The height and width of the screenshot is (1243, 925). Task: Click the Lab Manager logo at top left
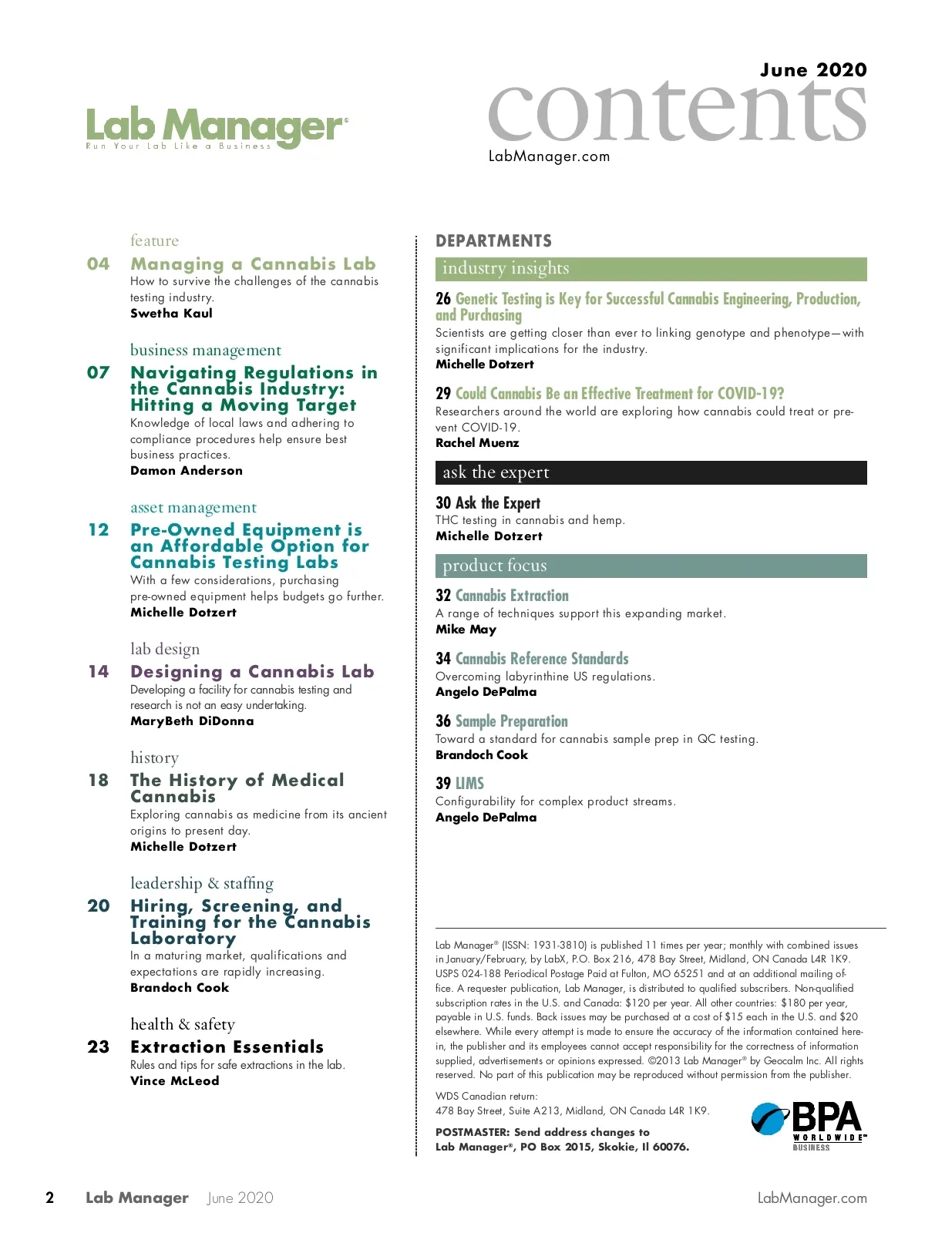217,128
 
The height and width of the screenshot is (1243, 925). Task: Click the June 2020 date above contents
813,70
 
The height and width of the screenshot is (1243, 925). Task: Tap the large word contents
677,112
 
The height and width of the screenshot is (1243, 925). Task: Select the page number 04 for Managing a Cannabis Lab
99,264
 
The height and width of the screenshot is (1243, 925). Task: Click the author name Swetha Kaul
171,314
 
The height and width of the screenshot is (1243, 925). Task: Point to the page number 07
99,373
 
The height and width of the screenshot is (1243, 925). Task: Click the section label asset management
193,508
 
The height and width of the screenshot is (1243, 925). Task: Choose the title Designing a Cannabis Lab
252,672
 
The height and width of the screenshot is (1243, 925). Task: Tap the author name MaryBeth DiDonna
192,721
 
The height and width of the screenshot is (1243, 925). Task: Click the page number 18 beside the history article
99,781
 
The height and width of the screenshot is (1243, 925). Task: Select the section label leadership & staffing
202,883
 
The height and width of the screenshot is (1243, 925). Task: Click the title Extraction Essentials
227,1047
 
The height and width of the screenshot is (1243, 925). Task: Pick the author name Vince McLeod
174,1081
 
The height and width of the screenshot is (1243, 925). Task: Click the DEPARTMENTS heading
493,241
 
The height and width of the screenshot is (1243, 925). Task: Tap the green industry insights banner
651,269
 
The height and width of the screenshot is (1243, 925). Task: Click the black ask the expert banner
651,472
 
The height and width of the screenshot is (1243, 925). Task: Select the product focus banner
651,566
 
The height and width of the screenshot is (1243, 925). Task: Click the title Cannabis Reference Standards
542,659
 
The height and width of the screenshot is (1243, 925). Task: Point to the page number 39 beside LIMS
443,784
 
